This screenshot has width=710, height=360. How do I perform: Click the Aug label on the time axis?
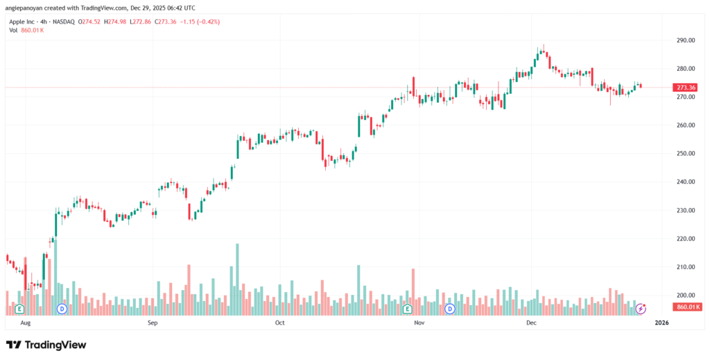(26, 323)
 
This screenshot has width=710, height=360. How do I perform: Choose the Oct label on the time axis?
(279, 323)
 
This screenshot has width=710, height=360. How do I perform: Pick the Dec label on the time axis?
(532, 323)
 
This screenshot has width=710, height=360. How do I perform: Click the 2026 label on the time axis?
(662, 323)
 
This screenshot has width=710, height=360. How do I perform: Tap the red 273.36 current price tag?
(686, 87)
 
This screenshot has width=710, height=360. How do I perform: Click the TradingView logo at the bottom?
(46, 345)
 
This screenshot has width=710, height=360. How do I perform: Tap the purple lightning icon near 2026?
(641, 308)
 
